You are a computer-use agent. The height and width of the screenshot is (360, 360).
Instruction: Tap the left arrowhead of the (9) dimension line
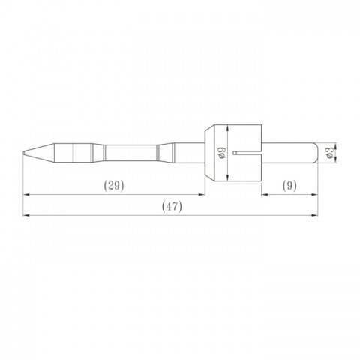point(263,195)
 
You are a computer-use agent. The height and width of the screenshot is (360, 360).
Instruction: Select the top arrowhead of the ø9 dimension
point(227,125)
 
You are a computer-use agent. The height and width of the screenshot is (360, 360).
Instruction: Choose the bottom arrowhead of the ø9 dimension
point(227,180)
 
